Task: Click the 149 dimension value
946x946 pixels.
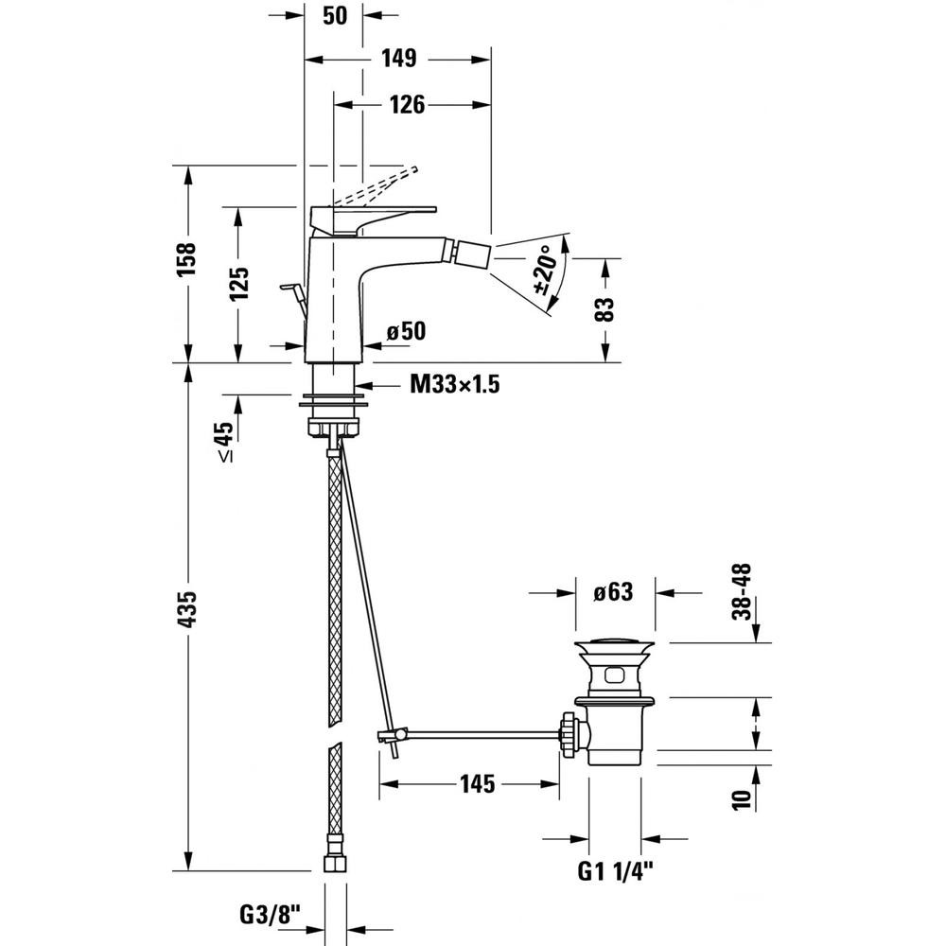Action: click(x=399, y=59)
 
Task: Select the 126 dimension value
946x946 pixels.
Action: click(x=407, y=104)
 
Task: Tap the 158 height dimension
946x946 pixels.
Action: click(x=187, y=259)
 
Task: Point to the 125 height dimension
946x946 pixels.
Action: click(x=239, y=284)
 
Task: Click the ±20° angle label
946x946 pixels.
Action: click(x=545, y=270)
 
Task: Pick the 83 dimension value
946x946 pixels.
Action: click(x=605, y=309)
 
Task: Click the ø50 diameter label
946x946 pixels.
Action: click(x=406, y=330)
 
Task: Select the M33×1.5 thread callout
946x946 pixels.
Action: click(x=455, y=384)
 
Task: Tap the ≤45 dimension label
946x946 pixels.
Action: click(x=224, y=442)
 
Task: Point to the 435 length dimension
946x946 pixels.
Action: click(x=187, y=609)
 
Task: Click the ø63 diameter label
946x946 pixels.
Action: click(x=613, y=592)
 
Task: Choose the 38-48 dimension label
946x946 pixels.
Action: click(x=742, y=591)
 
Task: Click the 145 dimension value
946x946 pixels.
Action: click(x=477, y=783)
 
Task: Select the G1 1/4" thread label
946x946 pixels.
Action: click(x=616, y=871)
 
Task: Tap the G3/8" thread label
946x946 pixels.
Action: click(x=271, y=915)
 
